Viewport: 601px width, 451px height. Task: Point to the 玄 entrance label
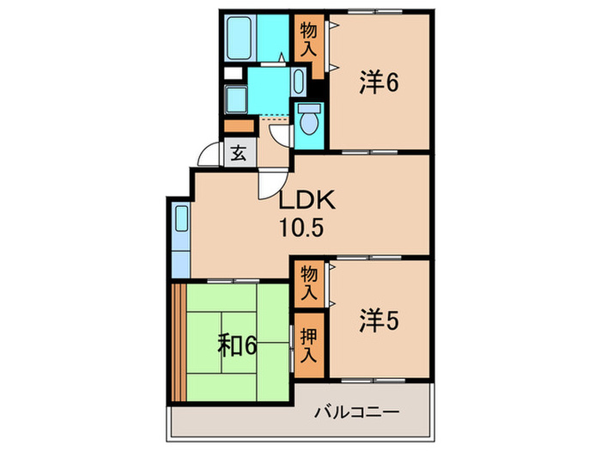click(238, 155)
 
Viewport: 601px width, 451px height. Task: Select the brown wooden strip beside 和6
click(179, 343)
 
